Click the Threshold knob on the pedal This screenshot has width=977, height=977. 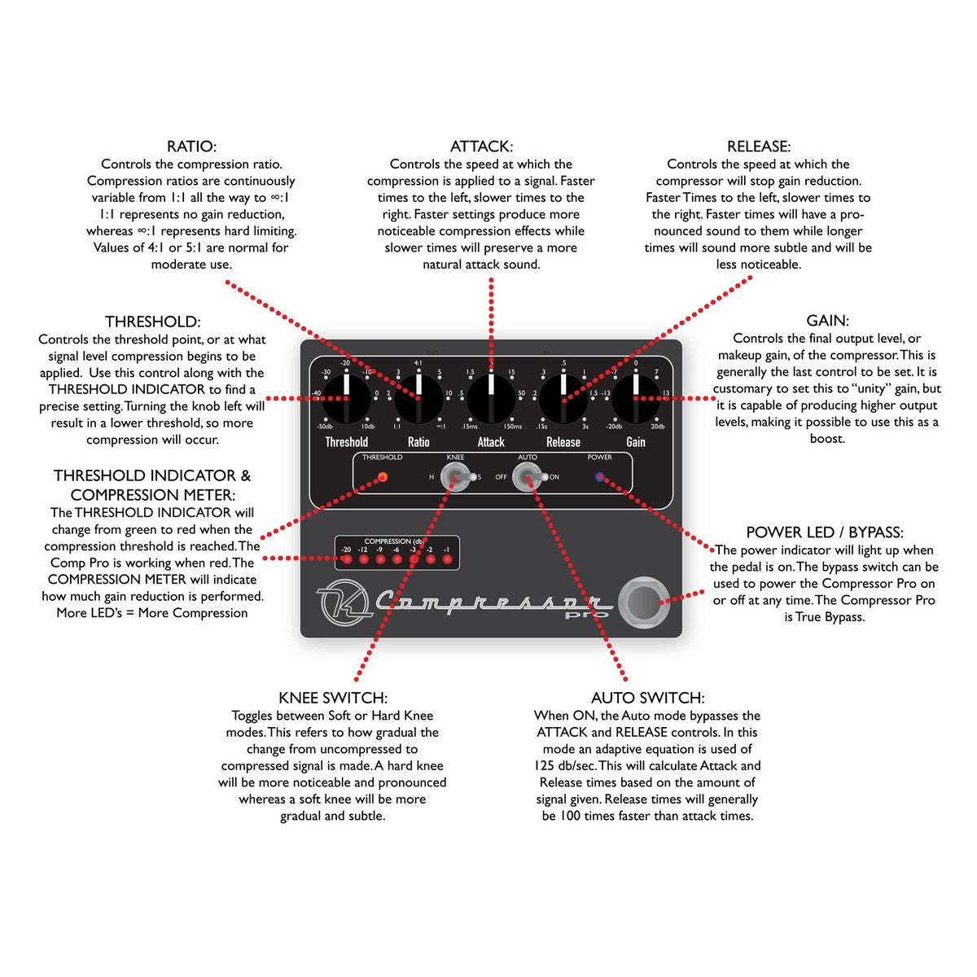coord(346,398)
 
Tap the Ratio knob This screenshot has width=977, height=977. coord(418,398)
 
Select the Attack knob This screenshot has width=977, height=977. coord(491,398)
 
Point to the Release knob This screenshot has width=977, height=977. coord(563,398)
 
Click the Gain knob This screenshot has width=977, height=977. coord(636,398)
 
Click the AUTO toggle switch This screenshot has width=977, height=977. coord(528,478)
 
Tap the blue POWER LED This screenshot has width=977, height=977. coord(600,477)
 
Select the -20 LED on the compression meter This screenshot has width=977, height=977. coord(347,559)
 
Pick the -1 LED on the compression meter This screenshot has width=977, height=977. coord(446,559)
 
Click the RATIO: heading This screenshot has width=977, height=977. coord(191,147)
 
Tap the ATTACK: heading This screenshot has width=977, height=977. coord(481,147)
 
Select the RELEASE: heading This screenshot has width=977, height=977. coord(758,147)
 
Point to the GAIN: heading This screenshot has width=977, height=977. coord(827,321)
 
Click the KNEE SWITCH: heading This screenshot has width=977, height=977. coord(332,698)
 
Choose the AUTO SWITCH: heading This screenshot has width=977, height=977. coord(647,698)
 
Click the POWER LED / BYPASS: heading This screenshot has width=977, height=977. coord(824,532)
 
